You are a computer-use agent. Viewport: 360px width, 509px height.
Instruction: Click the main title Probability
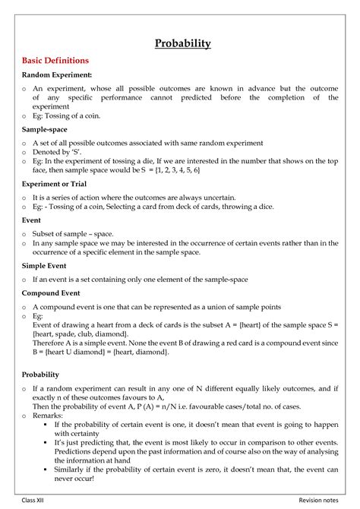(x=183, y=43)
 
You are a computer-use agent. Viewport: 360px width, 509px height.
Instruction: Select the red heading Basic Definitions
(x=55, y=60)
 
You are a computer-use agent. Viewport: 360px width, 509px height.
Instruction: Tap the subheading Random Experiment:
(x=57, y=75)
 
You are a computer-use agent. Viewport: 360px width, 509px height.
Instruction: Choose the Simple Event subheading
(x=44, y=266)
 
